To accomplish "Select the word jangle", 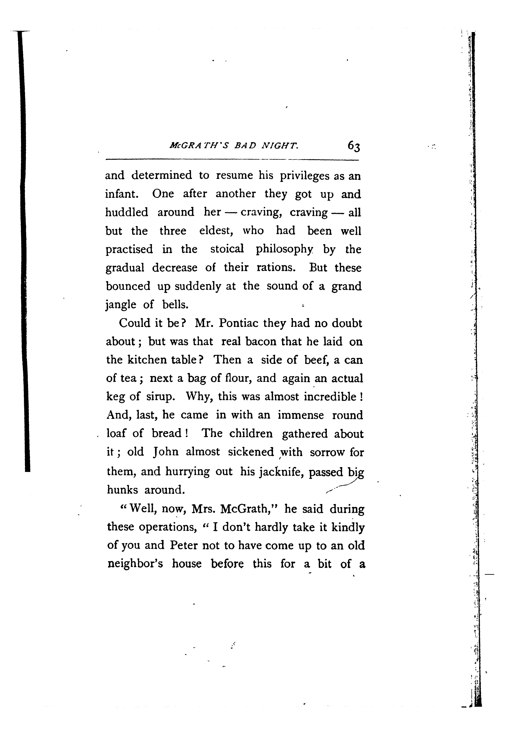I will [x=121, y=305].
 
